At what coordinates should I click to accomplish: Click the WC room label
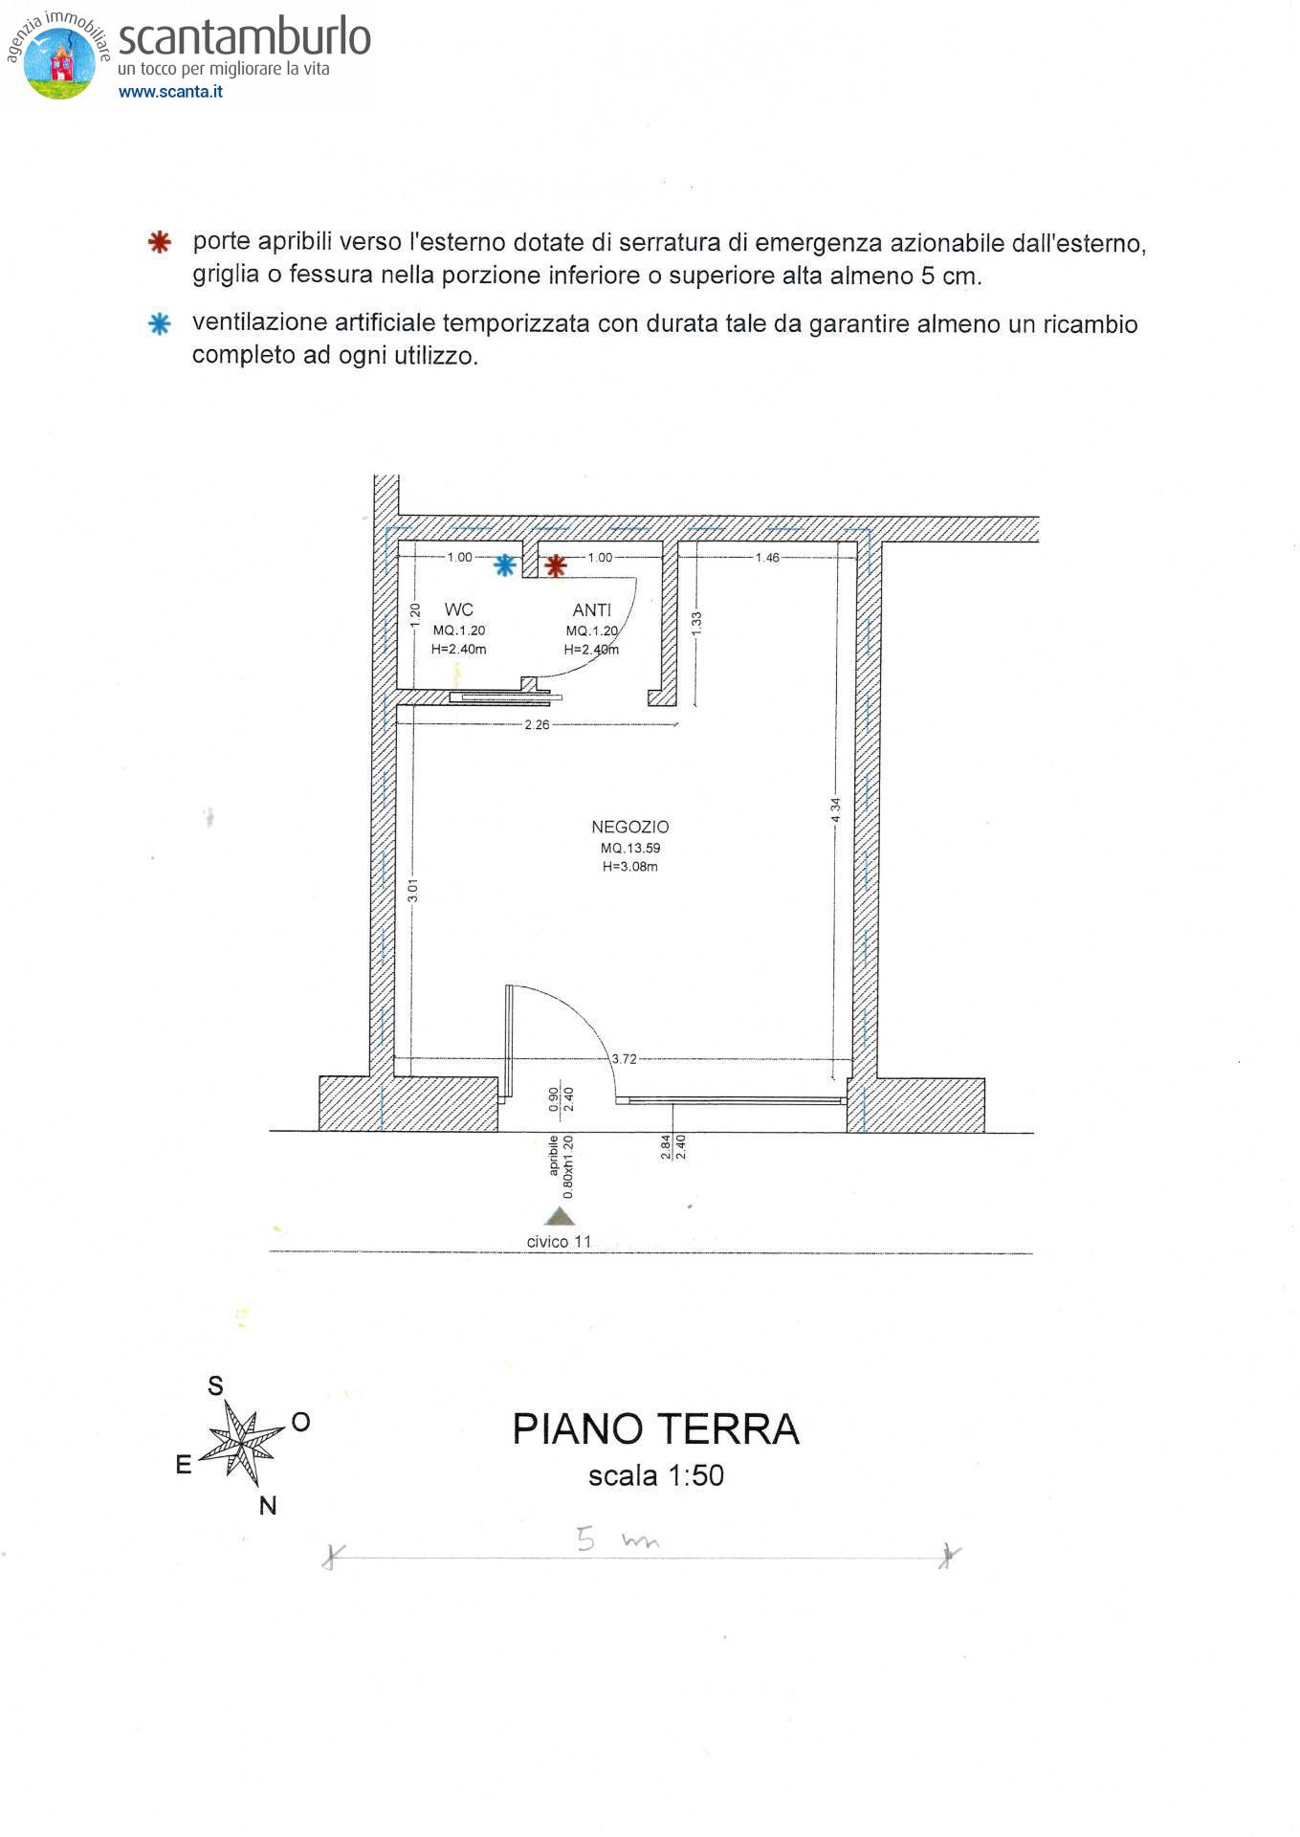coord(458,609)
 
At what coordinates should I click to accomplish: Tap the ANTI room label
coord(591,610)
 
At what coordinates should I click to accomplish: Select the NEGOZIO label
coord(629,827)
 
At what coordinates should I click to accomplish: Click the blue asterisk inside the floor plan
coord(504,565)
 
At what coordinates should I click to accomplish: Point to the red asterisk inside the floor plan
coord(555,566)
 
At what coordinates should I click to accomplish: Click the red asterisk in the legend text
coord(160,242)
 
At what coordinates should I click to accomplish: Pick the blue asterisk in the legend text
coord(160,324)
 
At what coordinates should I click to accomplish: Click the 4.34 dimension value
coord(835,810)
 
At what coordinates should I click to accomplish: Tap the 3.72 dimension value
coord(624,1058)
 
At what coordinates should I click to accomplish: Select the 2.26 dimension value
coord(537,724)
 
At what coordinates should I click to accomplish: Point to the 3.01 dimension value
coord(412,891)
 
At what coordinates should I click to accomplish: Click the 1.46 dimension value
coord(767,557)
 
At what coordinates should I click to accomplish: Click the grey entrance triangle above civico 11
coord(559,1216)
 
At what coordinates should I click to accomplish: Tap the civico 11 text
coord(559,1242)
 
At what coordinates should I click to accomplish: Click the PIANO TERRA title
coord(655,1429)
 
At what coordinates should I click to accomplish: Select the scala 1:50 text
coord(655,1475)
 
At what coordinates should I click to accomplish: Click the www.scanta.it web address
coord(170,92)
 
